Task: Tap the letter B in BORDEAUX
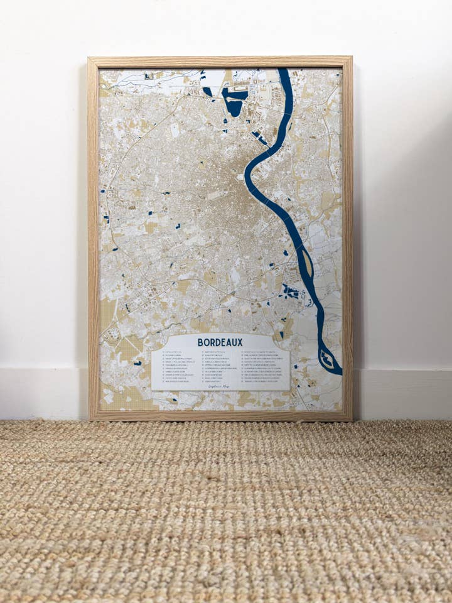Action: coord(200,342)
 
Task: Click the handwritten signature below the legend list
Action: coord(220,386)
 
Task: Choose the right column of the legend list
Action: coord(262,367)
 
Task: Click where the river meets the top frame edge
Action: coord(284,70)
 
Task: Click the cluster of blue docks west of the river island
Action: coord(291,292)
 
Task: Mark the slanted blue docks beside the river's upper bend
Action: coord(260,138)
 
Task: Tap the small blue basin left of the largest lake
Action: coord(207,92)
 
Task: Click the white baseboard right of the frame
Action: coord(402,393)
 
